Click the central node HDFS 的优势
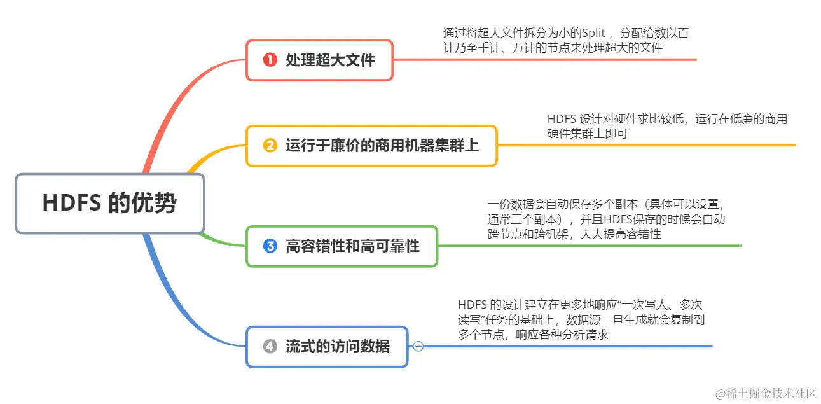(109, 203)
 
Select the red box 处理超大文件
(319, 60)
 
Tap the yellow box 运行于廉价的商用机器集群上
(371, 146)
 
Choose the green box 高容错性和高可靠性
(342, 246)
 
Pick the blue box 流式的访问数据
(327, 347)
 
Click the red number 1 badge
(270, 60)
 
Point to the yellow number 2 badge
(270, 146)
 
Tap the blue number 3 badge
(270, 246)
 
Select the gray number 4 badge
(270, 347)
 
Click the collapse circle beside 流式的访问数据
(418, 346)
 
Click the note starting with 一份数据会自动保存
(606, 219)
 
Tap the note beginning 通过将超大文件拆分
(565, 40)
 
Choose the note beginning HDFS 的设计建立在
(581, 319)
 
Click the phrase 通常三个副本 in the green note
(518, 219)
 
